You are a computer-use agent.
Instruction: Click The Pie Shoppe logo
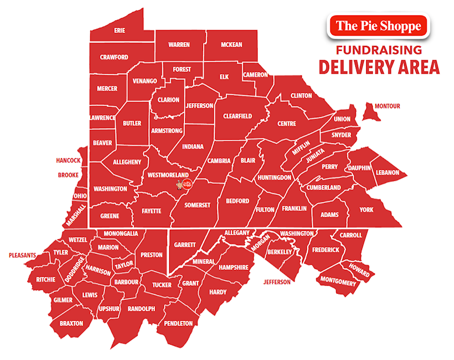(378, 26)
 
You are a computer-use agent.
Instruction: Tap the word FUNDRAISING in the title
(378, 50)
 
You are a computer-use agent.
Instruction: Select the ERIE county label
(119, 30)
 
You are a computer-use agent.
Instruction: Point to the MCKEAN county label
(232, 44)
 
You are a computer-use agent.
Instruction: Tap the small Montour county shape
(372, 111)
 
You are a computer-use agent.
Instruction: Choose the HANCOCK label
(68, 160)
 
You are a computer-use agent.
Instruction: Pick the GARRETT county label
(185, 245)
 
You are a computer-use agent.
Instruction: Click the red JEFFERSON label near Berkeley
(277, 282)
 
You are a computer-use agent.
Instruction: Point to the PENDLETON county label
(179, 323)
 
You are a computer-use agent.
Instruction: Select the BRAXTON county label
(72, 323)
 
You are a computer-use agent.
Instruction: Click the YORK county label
(367, 210)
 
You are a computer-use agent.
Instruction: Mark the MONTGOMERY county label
(338, 282)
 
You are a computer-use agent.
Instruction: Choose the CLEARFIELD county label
(237, 116)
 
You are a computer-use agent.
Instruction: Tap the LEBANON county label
(388, 172)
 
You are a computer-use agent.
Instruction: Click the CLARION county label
(169, 100)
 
